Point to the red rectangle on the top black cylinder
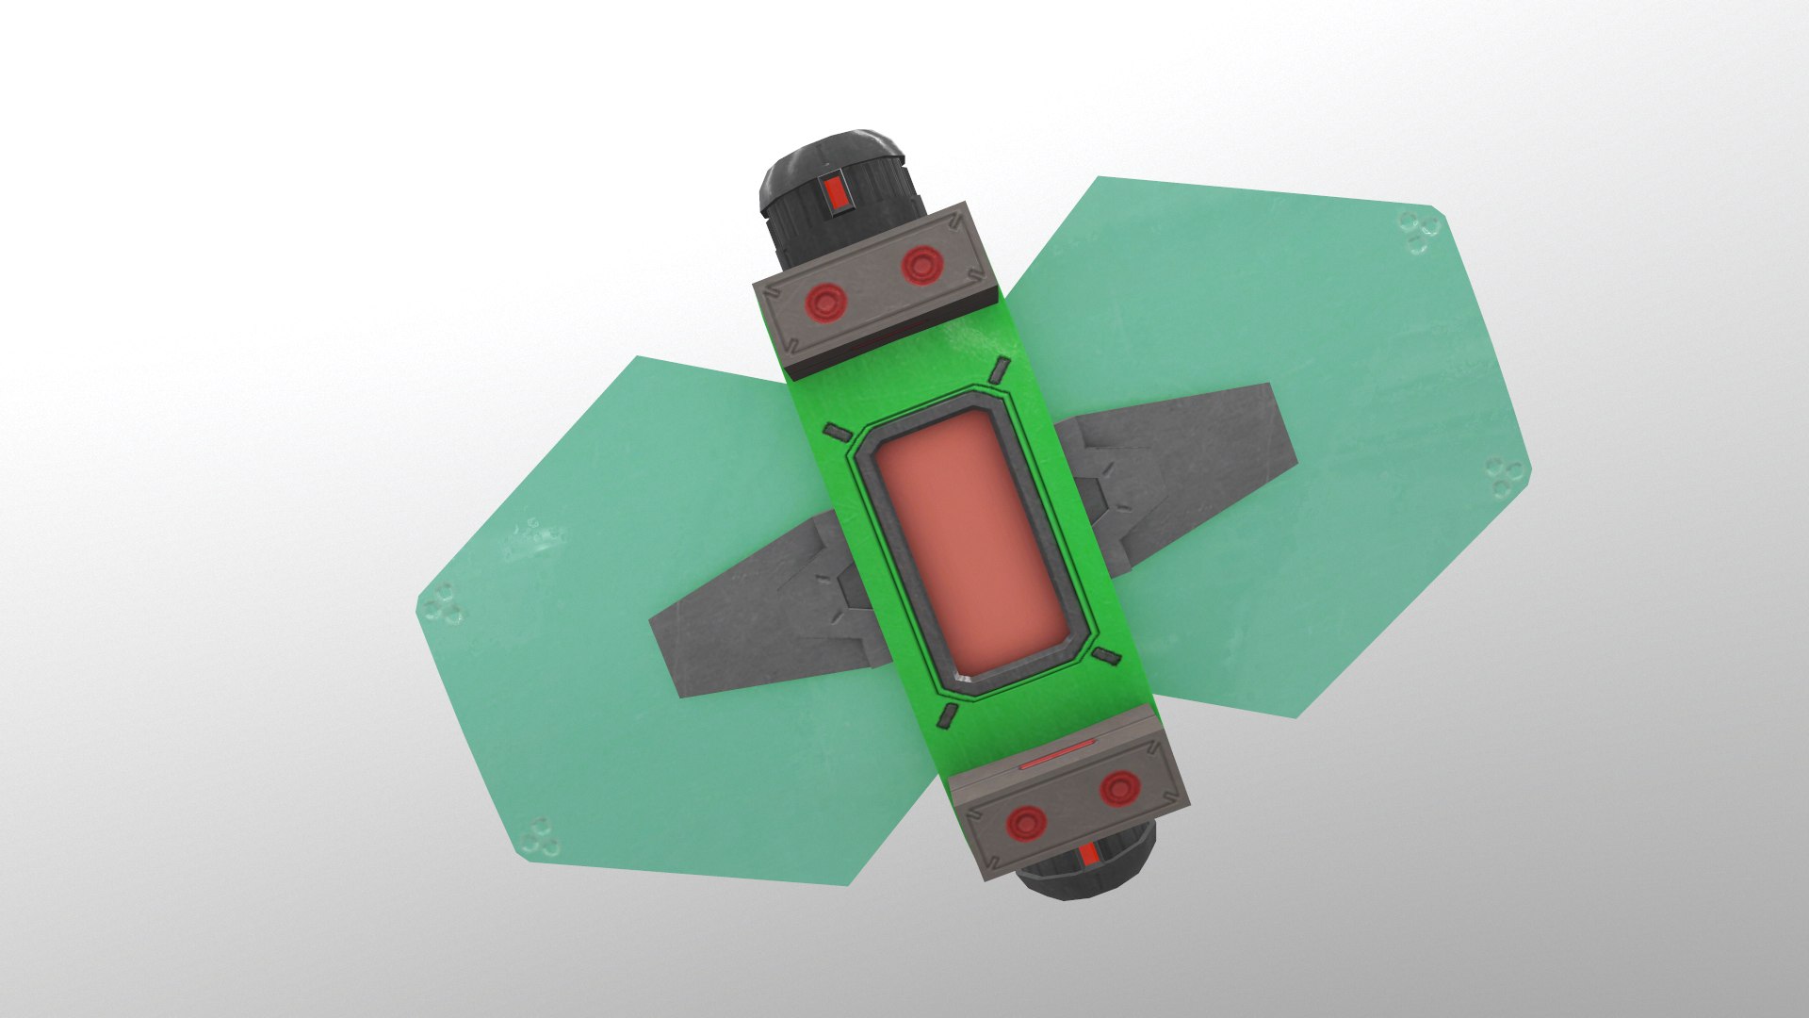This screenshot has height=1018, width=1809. click(x=834, y=193)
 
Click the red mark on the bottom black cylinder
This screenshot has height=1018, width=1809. click(x=1089, y=854)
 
